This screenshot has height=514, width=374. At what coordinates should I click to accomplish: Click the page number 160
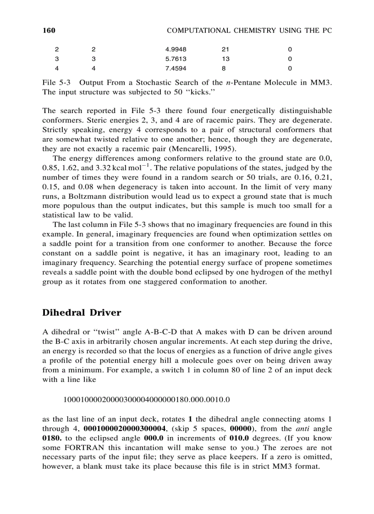49,31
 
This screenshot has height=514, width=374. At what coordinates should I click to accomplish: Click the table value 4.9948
176,49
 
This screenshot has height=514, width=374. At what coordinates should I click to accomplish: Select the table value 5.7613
176,59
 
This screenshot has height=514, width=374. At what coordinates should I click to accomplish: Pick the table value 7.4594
176,69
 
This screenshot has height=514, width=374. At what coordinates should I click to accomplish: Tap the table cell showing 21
225,49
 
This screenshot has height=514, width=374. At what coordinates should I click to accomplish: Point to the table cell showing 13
225,59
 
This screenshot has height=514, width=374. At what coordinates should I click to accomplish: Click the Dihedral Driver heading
82,313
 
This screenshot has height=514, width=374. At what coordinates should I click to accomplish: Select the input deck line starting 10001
146,400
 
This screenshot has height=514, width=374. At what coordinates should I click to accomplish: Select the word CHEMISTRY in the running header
244,31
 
